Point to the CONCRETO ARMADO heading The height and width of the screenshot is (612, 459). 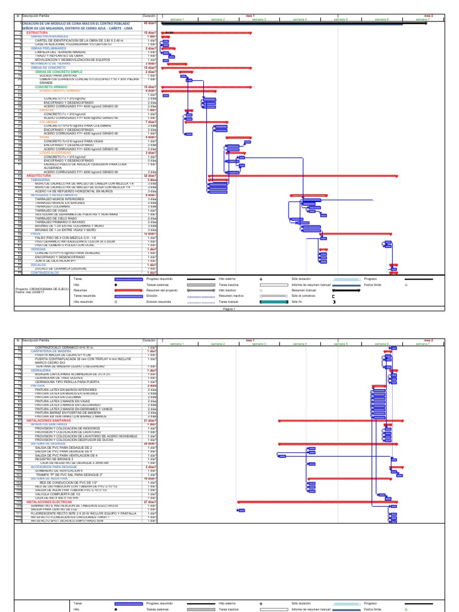tap(48, 87)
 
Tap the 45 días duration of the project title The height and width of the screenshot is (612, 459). tap(150, 23)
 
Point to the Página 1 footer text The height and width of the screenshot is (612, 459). tap(229, 310)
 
